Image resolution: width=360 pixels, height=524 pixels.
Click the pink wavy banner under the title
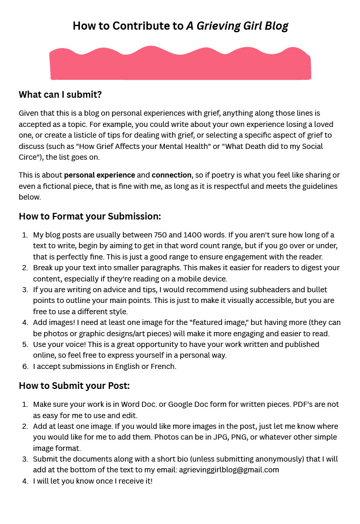pyautogui.click(x=180, y=64)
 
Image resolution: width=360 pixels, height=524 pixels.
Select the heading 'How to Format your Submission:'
pyautogui.click(x=90, y=216)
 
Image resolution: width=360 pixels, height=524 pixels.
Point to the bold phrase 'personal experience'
pyautogui.click(x=100, y=174)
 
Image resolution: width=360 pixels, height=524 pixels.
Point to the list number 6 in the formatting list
pyautogui.click(x=25, y=366)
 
